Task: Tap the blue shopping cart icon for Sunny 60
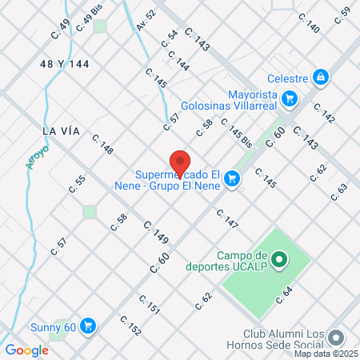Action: point(89,326)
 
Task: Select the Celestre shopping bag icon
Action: point(320,77)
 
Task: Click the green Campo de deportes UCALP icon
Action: point(279,258)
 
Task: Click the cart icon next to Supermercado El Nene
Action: point(232,178)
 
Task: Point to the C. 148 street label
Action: point(102,144)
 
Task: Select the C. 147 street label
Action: point(227,218)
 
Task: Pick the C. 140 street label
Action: point(309,22)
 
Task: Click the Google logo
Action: point(26,350)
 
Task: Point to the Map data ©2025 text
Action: point(326,354)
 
